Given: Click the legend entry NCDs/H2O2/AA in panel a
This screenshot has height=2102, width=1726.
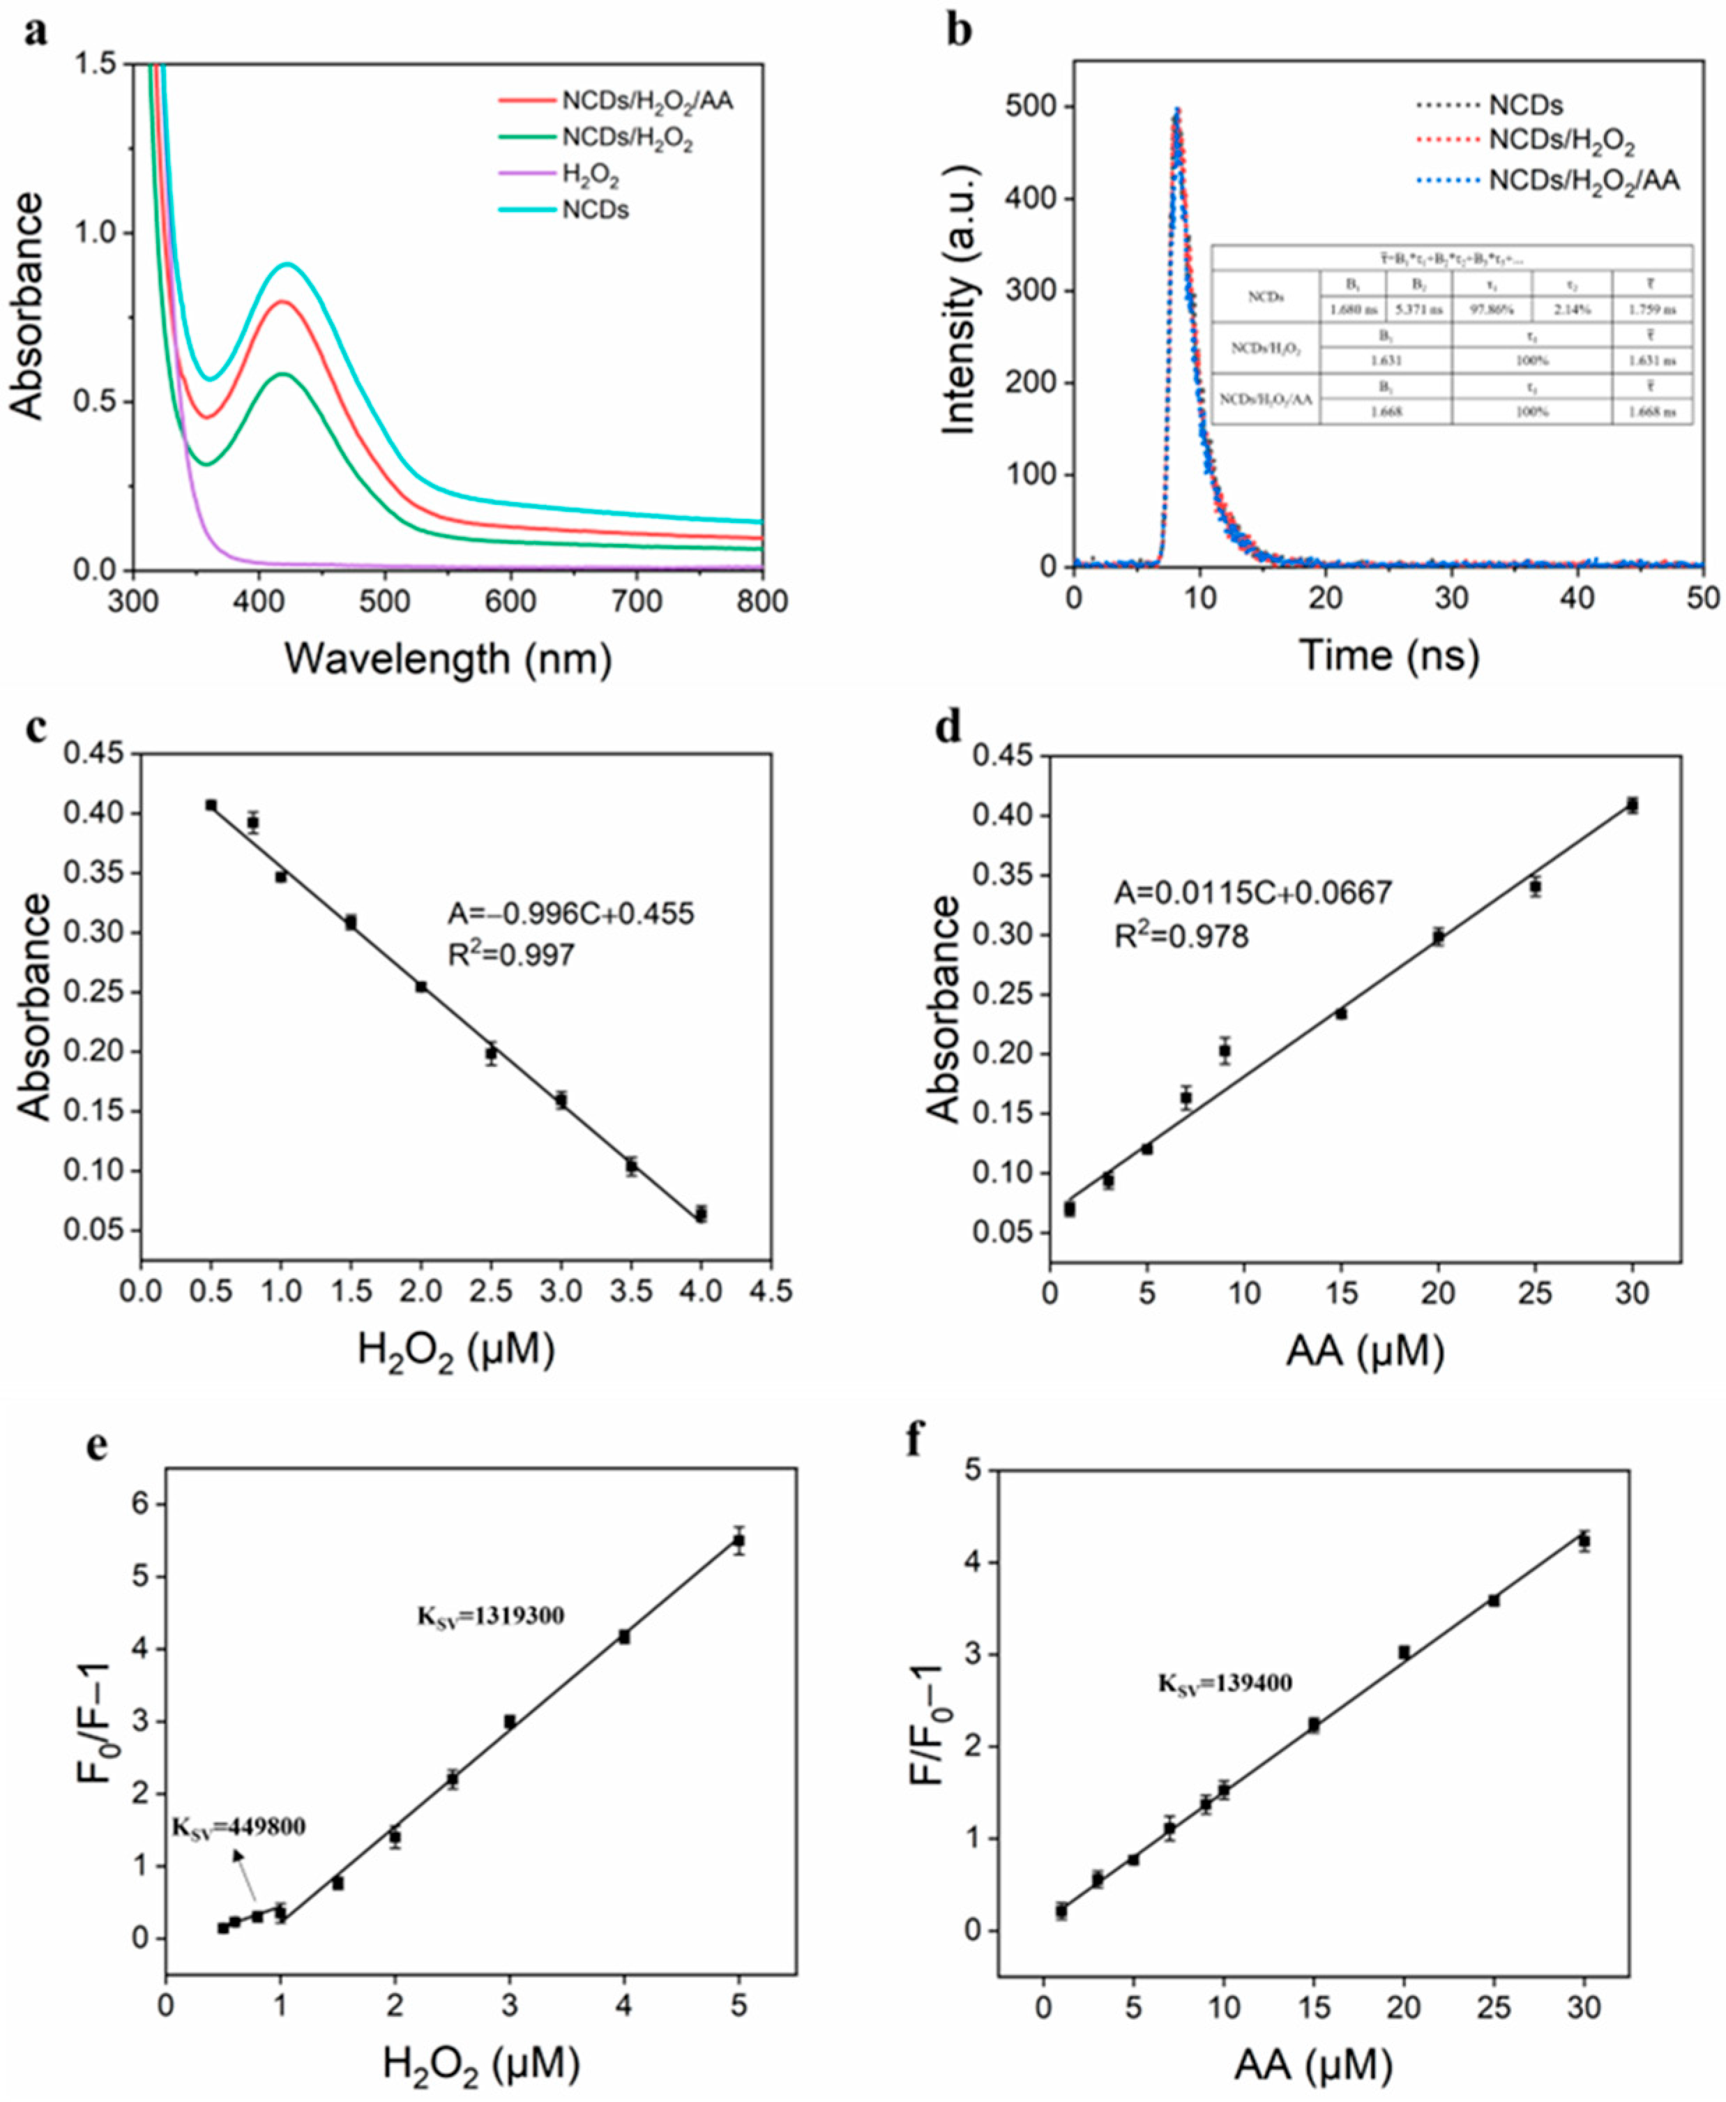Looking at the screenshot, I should [x=646, y=101].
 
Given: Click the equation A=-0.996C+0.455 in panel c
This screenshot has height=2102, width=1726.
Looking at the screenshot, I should [x=570, y=913].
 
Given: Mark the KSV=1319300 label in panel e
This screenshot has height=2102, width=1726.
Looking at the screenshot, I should [x=490, y=1616].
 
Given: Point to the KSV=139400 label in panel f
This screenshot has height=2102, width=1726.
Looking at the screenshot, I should [x=1224, y=1684].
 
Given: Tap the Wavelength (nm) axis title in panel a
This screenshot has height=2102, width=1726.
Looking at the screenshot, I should [x=448, y=658].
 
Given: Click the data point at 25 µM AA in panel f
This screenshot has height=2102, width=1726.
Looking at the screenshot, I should [x=1493, y=1601].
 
